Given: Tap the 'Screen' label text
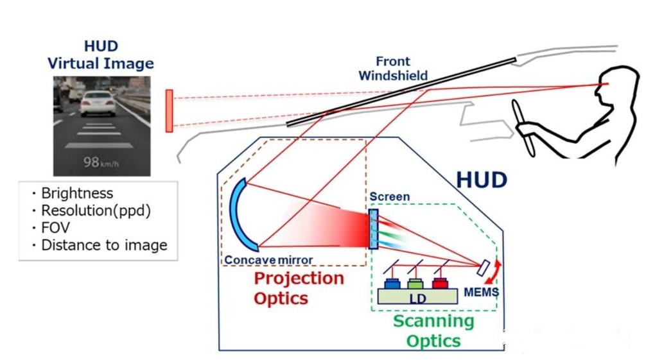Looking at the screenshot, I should [x=389, y=196].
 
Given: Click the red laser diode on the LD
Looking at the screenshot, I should [x=440, y=283].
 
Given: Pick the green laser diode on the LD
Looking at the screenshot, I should [x=415, y=283].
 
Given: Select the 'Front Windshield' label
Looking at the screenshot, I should [x=392, y=69].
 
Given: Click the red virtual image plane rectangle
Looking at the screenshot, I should [x=170, y=110].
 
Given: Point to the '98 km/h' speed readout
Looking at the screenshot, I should [x=101, y=162].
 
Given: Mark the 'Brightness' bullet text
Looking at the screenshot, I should [x=76, y=193].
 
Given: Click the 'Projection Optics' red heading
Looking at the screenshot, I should [x=299, y=288].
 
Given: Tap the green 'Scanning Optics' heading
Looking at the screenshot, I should [x=433, y=330].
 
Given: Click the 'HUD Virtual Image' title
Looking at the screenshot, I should [x=101, y=55].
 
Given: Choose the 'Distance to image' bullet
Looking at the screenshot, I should [x=103, y=245].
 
